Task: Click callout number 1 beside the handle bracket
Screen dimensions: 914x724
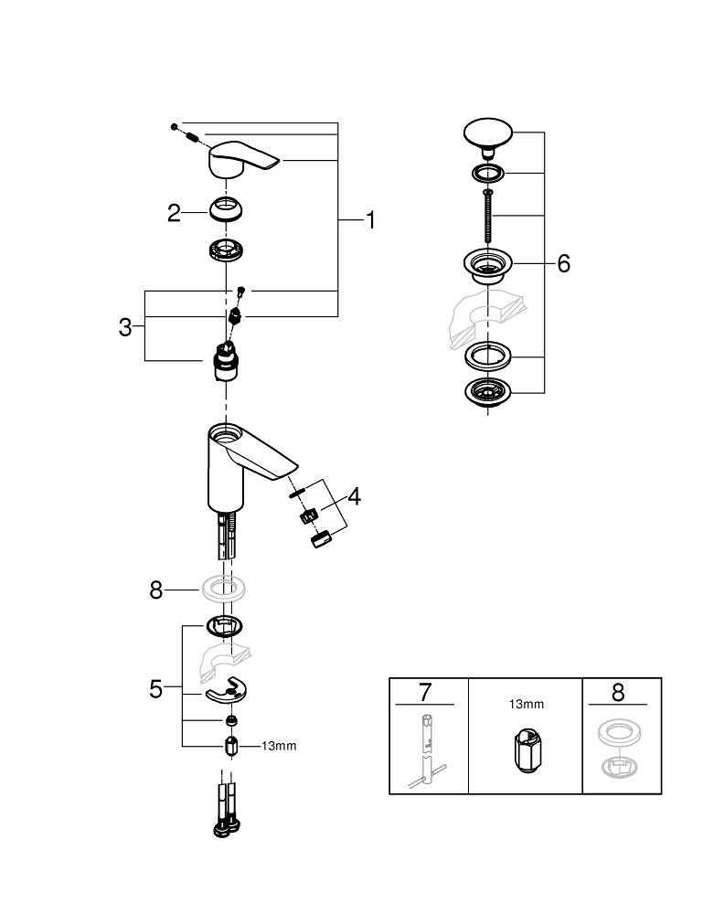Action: click(370, 220)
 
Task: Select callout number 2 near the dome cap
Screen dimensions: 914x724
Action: click(175, 213)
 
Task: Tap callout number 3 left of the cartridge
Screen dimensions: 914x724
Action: click(125, 327)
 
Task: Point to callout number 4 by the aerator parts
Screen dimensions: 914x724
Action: click(354, 497)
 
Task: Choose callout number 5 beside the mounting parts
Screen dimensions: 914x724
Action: click(155, 688)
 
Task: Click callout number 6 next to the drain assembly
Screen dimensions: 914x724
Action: click(563, 264)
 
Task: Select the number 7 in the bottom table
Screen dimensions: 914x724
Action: click(425, 692)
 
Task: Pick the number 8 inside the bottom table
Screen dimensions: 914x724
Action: click(618, 692)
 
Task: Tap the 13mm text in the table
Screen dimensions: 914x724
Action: click(526, 705)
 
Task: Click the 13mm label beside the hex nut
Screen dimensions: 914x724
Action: click(279, 746)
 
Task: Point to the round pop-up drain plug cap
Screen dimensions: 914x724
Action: click(490, 133)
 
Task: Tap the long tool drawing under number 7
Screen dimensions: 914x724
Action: click(424, 749)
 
